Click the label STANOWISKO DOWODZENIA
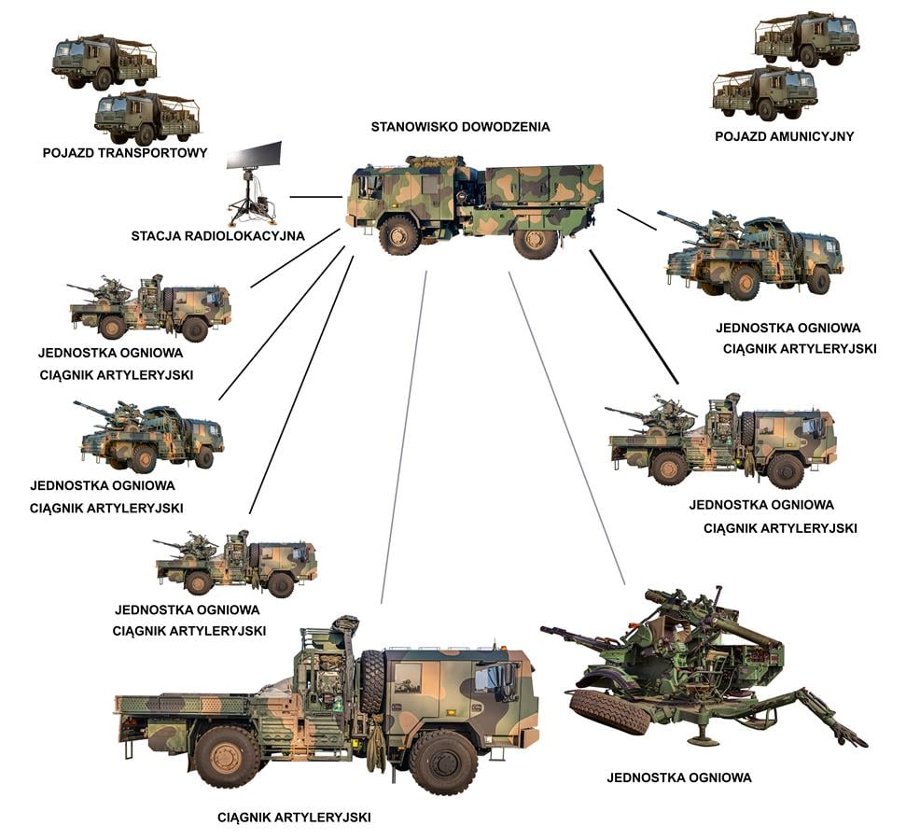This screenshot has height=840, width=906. [460, 127]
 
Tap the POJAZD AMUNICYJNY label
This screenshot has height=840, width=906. [784, 136]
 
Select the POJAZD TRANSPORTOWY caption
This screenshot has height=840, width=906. [124, 152]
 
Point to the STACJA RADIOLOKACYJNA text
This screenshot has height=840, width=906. [218, 236]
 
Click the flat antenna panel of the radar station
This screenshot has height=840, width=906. [254, 154]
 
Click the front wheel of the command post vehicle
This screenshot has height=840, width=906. [399, 234]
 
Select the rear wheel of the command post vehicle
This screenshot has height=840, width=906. [536, 239]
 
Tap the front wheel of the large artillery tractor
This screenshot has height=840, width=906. [443, 760]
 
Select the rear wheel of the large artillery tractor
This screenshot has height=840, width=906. [227, 755]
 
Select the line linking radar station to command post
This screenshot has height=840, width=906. [315, 198]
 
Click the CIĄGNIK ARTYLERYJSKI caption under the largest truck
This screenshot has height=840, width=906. [294, 818]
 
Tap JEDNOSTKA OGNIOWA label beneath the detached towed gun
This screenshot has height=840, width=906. [678, 777]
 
